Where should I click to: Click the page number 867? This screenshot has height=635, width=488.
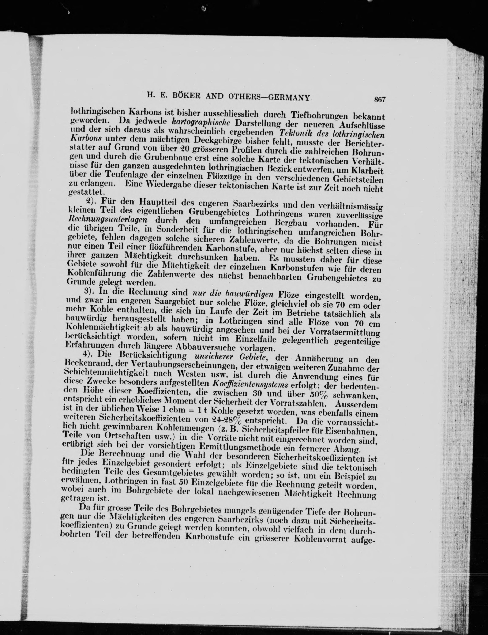coord(380,100)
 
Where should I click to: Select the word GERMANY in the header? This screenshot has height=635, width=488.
coord(288,98)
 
